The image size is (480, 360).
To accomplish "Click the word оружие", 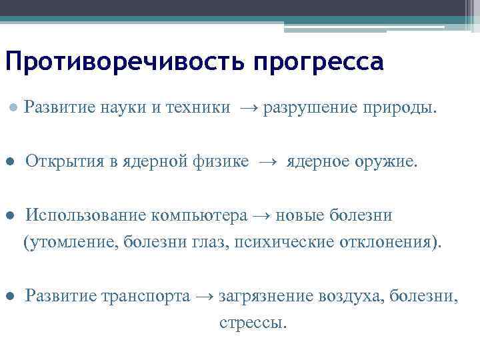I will tap(385, 161).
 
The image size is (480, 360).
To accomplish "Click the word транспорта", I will tap(145, 296).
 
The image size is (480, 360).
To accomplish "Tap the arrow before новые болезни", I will tap(261, 215).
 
